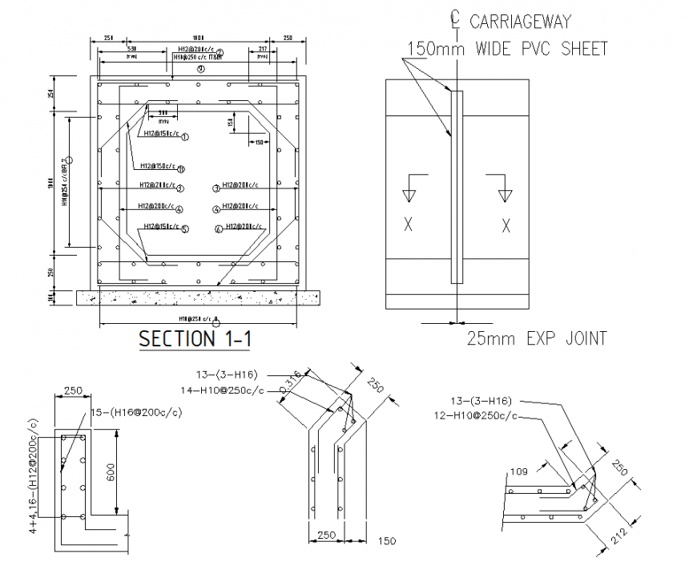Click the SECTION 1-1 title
(x=195, y=338)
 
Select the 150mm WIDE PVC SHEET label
(x=507, y=48)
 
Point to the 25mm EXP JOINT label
(x=536, y=338)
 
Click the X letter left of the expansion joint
(x=408, y=225)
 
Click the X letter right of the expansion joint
(x=506, y=225)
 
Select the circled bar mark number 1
(x=185, y=137)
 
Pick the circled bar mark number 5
(x=184, y=229)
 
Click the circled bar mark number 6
(x=218, y=229)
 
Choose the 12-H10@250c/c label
(x=475, y=416)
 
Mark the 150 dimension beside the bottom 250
(x=387, y=541)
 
